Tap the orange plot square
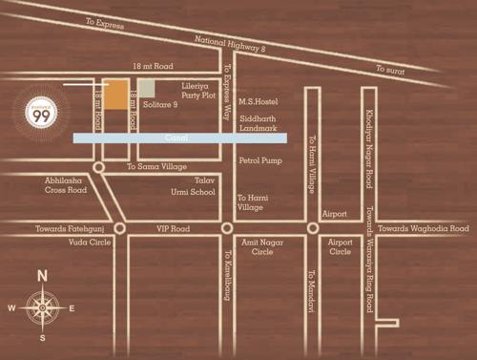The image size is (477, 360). coord(117,95)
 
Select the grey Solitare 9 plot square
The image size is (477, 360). coord(146,89)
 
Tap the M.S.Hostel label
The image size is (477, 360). coord(257,101)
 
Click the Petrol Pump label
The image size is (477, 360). coord(260,160)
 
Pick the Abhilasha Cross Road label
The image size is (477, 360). coord(65,185)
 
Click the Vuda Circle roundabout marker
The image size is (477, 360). coord(119,229)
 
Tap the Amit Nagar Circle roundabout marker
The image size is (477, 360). coord(226,229)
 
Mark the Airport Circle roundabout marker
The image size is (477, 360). coord(312,229)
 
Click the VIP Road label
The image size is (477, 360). coord(173,229)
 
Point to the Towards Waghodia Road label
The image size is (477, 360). coord(423,229)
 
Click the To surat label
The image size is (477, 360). coord(391,70)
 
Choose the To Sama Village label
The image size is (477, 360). coord(157,166)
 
